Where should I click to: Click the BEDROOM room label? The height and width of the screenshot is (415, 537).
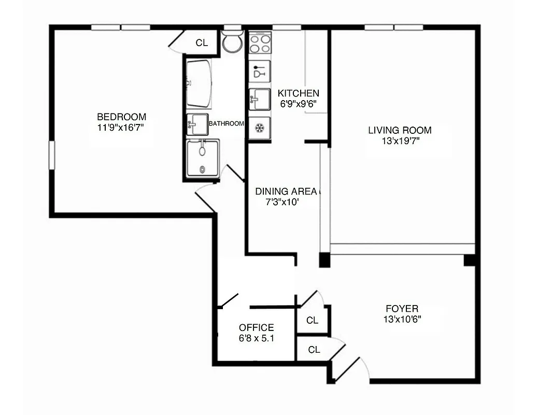[x=122, y=117]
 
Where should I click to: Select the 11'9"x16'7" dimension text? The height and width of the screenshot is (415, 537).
[x=122, y=127]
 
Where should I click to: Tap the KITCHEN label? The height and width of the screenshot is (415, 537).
[x=299, y=93]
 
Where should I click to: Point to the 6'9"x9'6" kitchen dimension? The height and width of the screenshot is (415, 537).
[x=299, y=103]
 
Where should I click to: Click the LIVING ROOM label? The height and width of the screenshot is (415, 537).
[x=400, y=130]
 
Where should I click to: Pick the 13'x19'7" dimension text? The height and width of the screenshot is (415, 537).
[x=400, y=140]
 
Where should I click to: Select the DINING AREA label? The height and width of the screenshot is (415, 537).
[x=286, y=191]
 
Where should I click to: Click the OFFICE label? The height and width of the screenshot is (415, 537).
[x=257, y=328]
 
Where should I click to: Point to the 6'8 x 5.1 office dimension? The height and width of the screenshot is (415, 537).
[x=257, y=339]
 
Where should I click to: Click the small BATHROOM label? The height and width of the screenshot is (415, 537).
[x=226, y=123]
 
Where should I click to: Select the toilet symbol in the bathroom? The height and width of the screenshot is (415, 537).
[x=232, y=41]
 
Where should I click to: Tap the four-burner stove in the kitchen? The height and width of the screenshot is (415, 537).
[x=260, y=43]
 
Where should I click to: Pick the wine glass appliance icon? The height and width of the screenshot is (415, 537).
[x=259, y=72]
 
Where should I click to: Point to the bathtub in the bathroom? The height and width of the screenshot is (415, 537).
[x=199, y=83]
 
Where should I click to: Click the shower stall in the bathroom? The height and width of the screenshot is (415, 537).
[x=203, y=158]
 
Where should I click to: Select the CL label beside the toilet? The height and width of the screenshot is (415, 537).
[x=202, y=43]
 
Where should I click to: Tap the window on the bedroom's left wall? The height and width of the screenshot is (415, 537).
[x=52, y=155]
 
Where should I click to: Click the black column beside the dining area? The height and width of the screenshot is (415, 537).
[x=324, y=260]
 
